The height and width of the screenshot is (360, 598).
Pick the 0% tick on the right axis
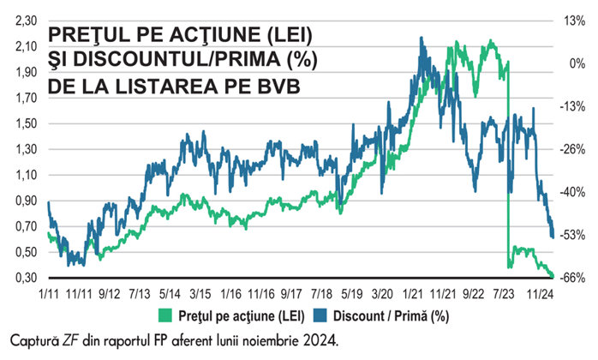click(573, 63)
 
